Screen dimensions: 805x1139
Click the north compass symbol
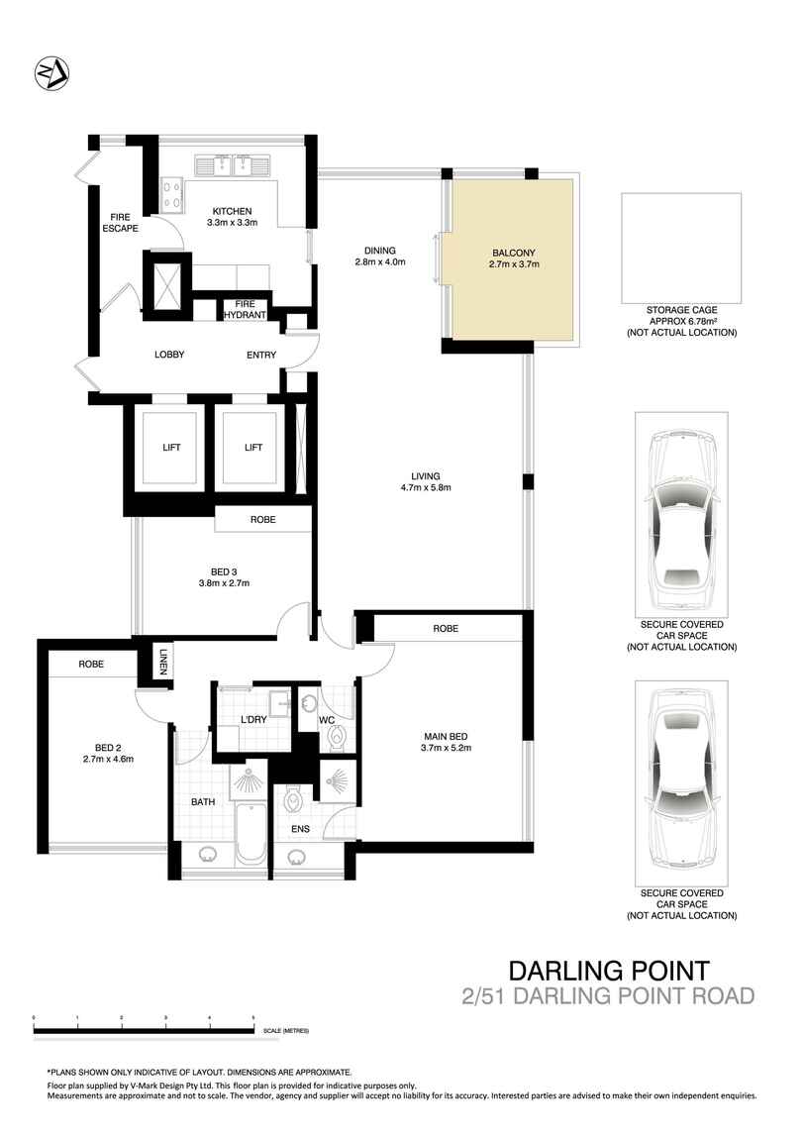point(51,73)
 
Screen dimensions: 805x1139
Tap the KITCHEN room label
point(233,211)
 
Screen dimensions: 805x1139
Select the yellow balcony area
point(513,259)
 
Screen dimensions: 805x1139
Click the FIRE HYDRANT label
point(245,309)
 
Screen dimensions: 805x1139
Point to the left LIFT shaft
point(171,448)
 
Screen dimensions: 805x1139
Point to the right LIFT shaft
point(253,448)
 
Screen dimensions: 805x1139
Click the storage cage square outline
point(681,248)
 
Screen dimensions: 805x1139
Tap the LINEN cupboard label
point(163,661)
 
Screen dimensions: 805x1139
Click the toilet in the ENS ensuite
point(293,799)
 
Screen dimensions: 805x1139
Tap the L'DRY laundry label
point(253,719)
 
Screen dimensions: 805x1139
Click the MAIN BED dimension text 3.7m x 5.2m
point(447,748)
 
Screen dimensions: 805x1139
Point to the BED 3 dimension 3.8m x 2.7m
point(225,582)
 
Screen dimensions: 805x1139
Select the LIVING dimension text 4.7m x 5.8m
point(426,487)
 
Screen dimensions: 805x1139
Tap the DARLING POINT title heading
point(608,971)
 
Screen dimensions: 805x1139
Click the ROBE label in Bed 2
point(91,664)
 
